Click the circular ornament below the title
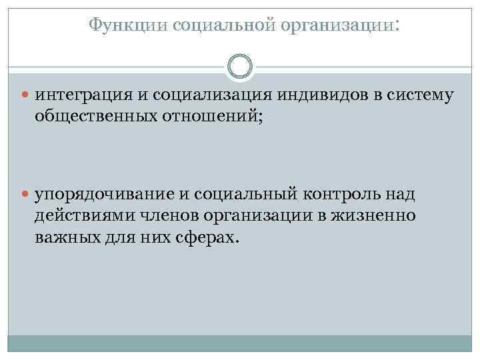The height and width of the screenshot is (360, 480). tap(240, 66)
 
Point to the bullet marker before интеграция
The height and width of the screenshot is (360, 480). tap(26, 95)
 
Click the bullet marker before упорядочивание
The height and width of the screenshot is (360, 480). tap(26, 195)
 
